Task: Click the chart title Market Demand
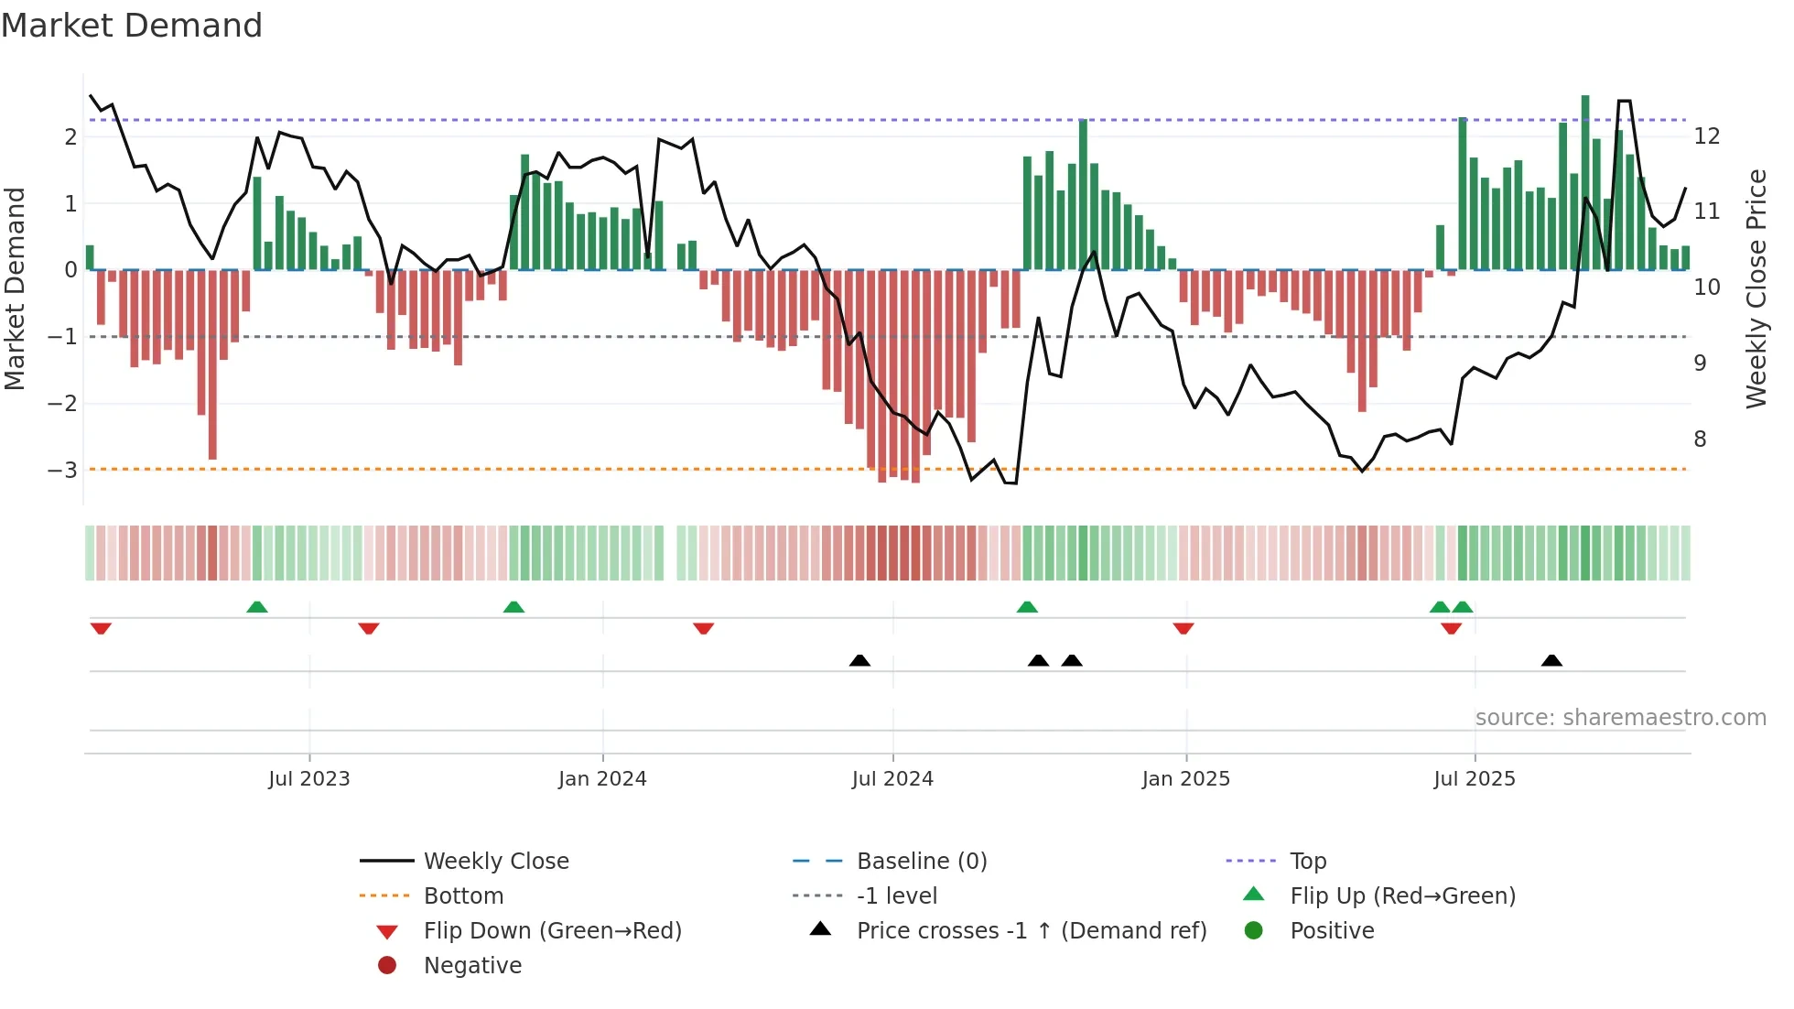(132, 26)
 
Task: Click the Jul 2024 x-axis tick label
(892, 779)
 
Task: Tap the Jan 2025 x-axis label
(1185, 779)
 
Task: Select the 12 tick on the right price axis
(1707, 136)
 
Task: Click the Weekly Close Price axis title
(1756, 288)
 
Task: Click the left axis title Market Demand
(15, 288)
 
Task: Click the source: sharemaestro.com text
(1620, 718)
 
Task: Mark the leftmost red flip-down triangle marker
(101, 628)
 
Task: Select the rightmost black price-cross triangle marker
(1551, 660)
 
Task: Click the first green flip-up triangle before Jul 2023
(257, 607)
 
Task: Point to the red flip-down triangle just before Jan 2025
(1183, 628)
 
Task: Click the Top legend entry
(1307, 862)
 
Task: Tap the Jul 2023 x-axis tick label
(309, 779)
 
